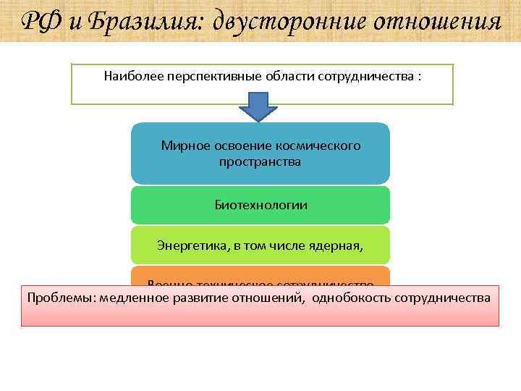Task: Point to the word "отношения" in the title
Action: click(438, 22)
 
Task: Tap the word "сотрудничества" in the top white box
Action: click(365, 75)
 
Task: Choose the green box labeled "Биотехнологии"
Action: click(260, 205)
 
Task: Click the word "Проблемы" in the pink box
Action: click(61, 297)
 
